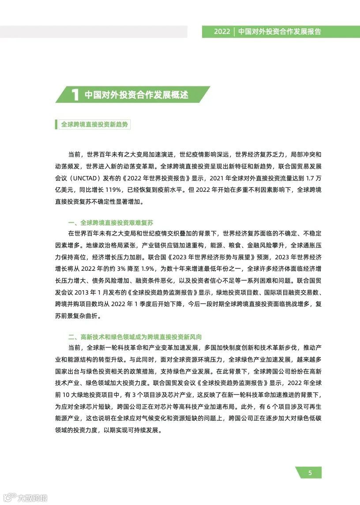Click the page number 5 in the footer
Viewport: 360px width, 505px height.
[x=310, y=473]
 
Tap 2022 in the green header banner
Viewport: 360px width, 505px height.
[x=222, y=32]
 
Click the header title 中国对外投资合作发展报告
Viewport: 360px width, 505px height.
[x=279, y=32]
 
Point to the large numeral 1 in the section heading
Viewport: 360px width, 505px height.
[x=75, y=95]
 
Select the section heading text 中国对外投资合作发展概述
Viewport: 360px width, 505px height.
[x=136, y=95]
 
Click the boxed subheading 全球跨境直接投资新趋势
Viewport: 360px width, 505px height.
[x=95, y=125]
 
